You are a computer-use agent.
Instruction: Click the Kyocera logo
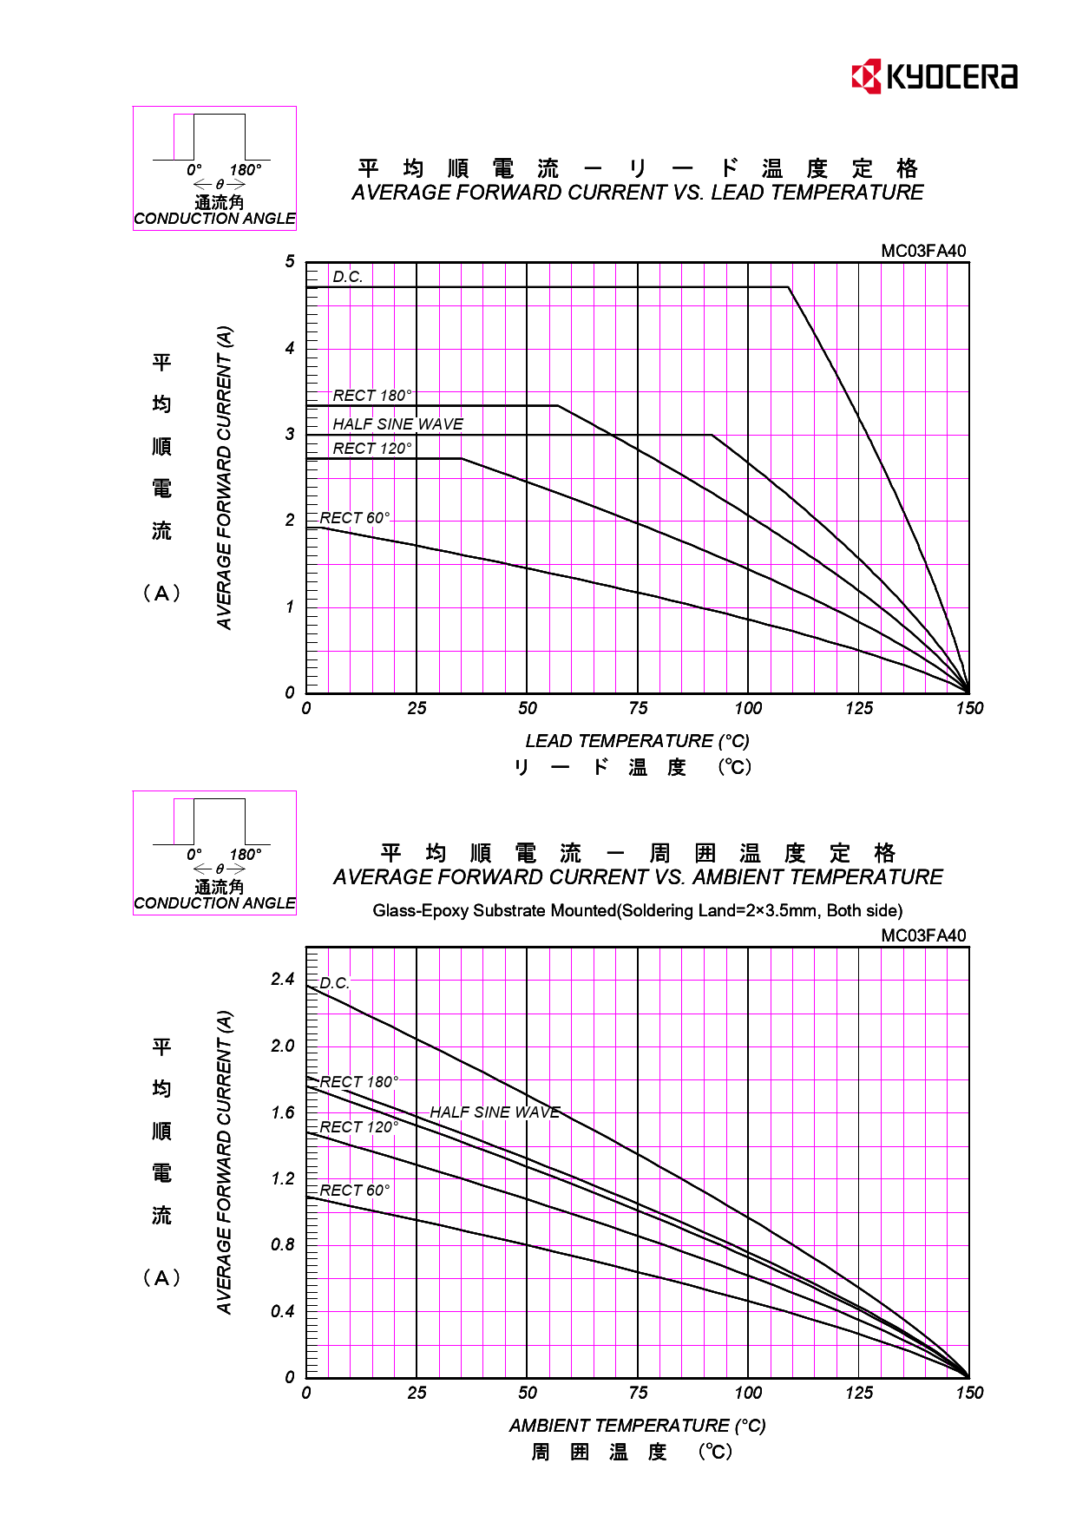pyautogui.click(x=934, y=76)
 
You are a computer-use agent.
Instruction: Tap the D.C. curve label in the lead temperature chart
pyautogui.click(x=348, y=277)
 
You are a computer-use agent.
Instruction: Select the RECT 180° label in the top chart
pyautogui.click(x=372, y=396)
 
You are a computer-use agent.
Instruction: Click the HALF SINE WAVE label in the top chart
pyautogui.click(x=397, y=424)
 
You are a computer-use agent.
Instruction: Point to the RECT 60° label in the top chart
pyautogui.click(x=355, y=518)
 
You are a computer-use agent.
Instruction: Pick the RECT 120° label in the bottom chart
pyautogui.click(x=358, y=1127)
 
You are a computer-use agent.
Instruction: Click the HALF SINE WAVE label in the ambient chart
pyautogui.click(x=495, y=1112)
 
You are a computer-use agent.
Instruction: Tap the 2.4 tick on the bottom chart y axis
pyautogui.click(x=283, y=980)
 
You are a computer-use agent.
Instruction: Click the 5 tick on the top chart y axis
pyautogui.click(x=290, y=262)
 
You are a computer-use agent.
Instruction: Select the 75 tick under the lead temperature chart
pyautogui.click(x=638, y=709)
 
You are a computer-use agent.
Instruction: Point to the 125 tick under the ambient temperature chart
pyautogui.click(x=859, y=1394)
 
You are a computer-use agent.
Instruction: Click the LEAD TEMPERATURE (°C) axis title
pyautogui.click(x=637, y=741)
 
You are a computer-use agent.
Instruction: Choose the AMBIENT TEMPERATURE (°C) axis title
pyautogui.click(x=637, y=1426)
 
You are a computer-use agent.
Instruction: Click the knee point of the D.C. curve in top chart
pyautogui.click(x=789, y=287)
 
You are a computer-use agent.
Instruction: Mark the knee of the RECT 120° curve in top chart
pyautogui.click(x=461, y=458)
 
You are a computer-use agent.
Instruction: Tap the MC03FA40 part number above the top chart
pyautogui.click(x=923, y=252)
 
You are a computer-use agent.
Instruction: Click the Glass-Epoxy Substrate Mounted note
pyautogui.click(x=637, y=911)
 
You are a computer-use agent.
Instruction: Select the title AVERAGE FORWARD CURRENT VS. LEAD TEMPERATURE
pyautogui.click(x=637, y=193)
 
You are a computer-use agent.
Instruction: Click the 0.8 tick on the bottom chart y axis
pyautogui.click(x=283, y=1245)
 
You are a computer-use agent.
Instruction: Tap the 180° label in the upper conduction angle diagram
pyautogui.click(x=246, y=170)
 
